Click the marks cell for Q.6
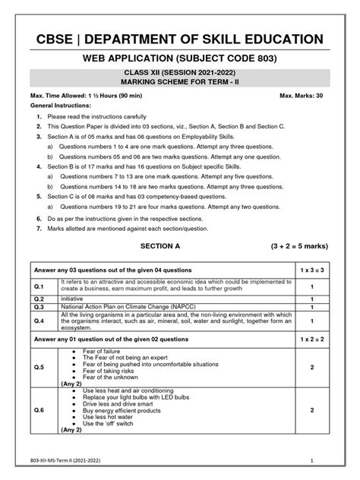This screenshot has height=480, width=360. [x=312, y=409]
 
